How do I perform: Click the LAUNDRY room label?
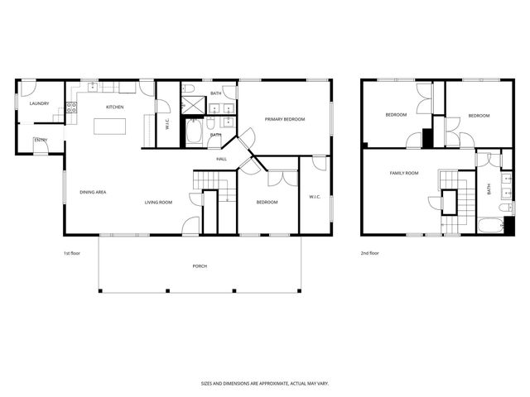tap(39, 103)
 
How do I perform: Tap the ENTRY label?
tap(40, 141)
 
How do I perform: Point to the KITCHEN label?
tap(114, 107)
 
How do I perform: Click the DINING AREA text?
tap(92, 192)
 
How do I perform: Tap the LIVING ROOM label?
tap(158, 202)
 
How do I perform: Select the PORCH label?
tap(200, 265)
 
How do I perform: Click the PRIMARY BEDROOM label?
tap(285, 119)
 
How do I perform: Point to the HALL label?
tap(221, 159)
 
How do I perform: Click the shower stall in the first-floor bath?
tap(192, 105)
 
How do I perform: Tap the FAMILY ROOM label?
tap(404, 173)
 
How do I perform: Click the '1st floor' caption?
tap(73, 253)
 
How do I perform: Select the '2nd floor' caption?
tap(369, 253)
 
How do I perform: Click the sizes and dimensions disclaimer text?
tap(264, 383)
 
